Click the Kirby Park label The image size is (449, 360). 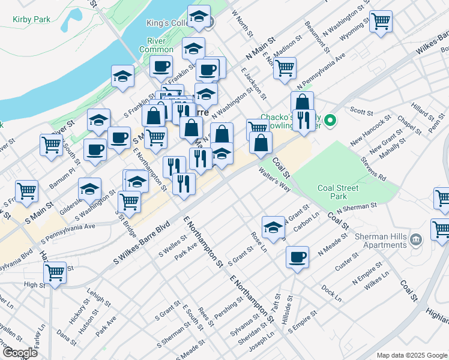[32, 19]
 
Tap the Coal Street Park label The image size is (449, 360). [339, 192]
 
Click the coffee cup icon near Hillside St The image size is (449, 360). [297, 257]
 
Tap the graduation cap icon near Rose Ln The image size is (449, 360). [273, 227]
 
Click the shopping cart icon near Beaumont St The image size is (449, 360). [381, 22]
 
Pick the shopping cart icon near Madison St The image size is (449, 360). [285, 67]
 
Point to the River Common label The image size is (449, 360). [156, 45]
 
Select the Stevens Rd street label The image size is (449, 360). [373, 169]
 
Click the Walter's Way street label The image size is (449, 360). [274, 179]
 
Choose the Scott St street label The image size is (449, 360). [362, 111]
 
